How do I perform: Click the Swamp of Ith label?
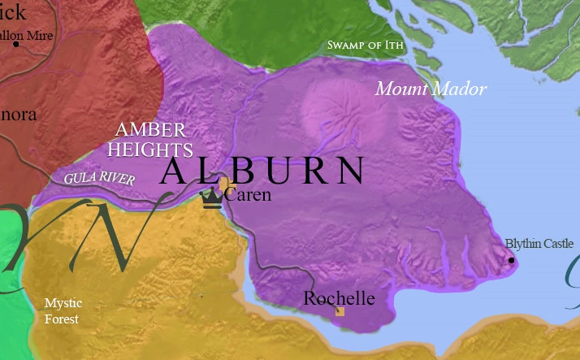click(x=365, y=46)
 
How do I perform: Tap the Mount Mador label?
click(x=431, y=89)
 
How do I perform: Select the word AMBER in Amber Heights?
click(x=150, y=130)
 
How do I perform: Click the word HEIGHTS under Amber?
click(x=154, y=150)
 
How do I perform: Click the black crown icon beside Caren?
click(x=212, y=197)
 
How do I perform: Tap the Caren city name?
click(x=248, y=195)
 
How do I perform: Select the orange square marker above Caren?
click(x=223, y=184)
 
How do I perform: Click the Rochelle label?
click(x=339, y=298)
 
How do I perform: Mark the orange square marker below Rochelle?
click(x=340, y=311)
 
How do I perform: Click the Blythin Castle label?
click(x=539, y=243)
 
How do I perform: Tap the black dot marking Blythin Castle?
click(x=511, y=260)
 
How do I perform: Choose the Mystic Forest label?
click(x=63, y=311)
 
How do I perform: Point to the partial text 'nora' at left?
click(x=18, y=115)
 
